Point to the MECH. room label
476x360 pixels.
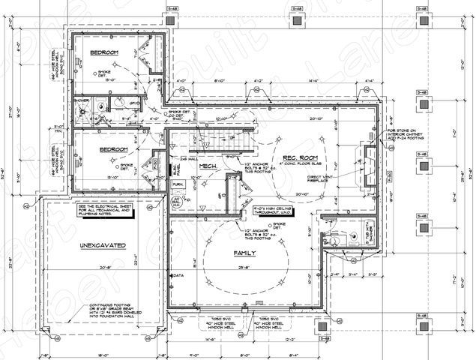208,165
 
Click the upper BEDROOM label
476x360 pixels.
106,52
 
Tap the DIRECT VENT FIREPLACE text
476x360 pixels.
324,181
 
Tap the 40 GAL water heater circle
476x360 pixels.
178,203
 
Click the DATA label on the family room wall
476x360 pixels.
178,275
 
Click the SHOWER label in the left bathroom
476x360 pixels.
80,98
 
